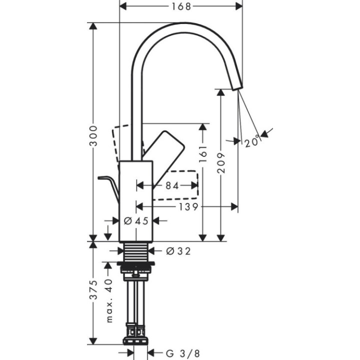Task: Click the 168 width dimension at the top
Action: click(180, 6)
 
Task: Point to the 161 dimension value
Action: click(202, 154)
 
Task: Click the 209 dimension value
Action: click(221, 162)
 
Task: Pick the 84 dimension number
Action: click(172, 185)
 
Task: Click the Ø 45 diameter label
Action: click(136, 220)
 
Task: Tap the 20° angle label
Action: click(252, 141)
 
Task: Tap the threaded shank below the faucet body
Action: click(136, 251)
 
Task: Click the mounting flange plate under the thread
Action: click(136, 263)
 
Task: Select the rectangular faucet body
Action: click(136, 200)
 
